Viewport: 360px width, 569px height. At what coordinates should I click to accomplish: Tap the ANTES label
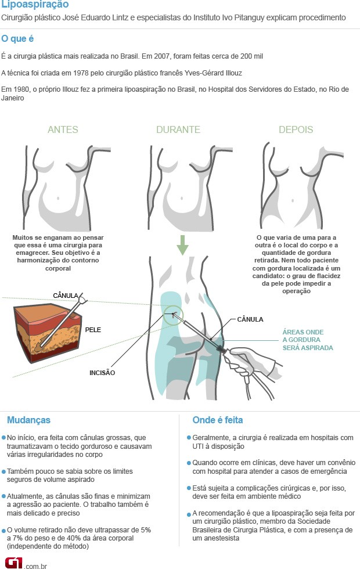63,129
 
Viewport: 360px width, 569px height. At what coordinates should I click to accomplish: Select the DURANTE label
178,129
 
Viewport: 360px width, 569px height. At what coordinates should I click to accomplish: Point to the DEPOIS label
296,129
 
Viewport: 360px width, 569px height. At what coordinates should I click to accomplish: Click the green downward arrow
182,244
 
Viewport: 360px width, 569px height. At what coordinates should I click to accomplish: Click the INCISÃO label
102,373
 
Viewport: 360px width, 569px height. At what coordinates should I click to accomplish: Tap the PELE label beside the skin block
93,329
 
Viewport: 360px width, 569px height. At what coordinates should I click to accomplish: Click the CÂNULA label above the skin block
65,296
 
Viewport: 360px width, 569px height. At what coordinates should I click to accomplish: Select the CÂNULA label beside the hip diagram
250,319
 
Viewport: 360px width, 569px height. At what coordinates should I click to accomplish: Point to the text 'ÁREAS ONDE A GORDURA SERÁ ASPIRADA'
307,340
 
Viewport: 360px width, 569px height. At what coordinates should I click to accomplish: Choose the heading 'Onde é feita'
217,420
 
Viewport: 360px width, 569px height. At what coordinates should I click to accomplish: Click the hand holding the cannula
247,363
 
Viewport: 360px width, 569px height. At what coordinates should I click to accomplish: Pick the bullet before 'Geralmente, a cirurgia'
189,438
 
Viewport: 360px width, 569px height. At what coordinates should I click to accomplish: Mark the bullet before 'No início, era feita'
4,438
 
